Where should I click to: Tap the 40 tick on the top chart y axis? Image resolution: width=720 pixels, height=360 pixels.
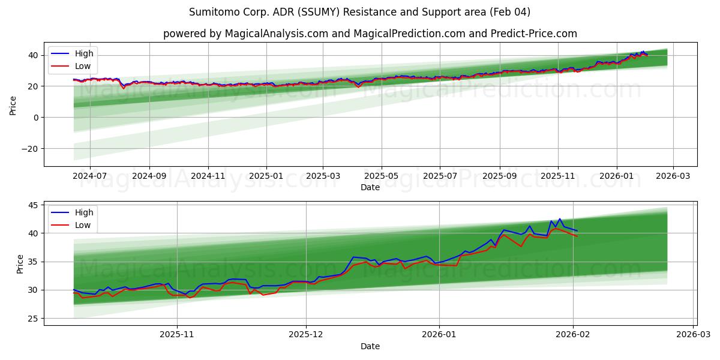[x=33, y=55]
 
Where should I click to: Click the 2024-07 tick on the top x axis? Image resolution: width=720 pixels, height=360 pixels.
[x=89, y=176]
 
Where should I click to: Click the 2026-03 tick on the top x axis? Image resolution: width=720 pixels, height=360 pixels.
[x=673, y=176]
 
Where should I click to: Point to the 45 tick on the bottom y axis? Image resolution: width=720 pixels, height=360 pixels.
[x=33, y=205]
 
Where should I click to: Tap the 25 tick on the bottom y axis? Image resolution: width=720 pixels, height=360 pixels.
[x=33, y=318]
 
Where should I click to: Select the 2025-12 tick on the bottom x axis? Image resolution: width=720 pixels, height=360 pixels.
[x=306, y=335]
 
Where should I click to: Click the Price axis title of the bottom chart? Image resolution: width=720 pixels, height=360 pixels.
[x=20, y=263]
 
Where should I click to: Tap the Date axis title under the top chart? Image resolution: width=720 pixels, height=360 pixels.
[x=370, y=187]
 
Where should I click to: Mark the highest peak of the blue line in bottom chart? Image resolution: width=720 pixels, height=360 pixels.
[x=560, y=219]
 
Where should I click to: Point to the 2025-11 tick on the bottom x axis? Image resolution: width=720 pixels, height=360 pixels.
[x=177, y=335]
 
